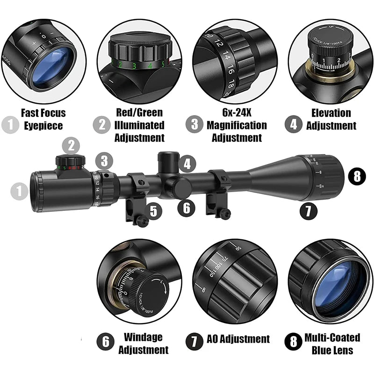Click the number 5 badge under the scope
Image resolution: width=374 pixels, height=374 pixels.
(153, 211)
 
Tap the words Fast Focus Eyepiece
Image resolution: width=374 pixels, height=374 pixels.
(43, 119)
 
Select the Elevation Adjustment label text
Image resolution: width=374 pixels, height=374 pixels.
(331, 119)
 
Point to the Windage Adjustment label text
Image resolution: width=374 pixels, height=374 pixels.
(143, 343)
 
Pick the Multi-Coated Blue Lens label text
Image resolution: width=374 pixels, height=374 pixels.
(332, 344)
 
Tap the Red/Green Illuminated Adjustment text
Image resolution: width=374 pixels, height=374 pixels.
(140, 125)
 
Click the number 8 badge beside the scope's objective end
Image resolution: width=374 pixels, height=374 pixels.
(357, 176)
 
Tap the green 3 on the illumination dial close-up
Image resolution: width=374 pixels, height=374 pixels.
(134, 65)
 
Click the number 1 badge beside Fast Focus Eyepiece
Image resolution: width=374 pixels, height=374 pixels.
(10, 124)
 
